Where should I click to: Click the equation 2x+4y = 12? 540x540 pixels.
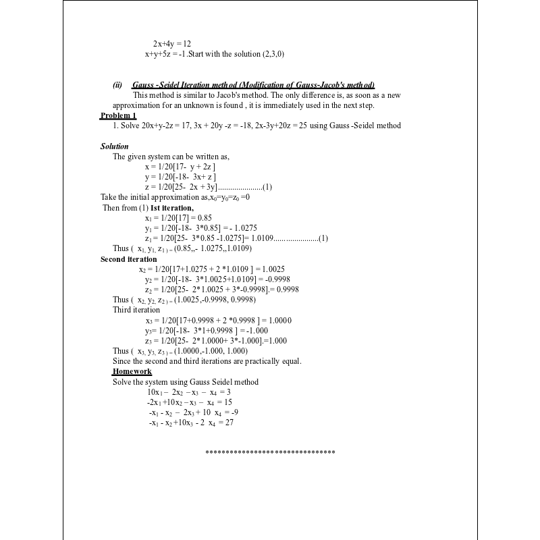172,44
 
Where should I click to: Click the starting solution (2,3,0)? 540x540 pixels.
273,54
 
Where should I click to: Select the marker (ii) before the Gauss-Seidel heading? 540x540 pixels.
117,85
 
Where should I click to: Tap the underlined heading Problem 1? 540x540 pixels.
118,115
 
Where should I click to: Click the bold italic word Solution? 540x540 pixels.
115,146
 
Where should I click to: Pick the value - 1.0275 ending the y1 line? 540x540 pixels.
240,228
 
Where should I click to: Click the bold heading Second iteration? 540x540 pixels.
129,259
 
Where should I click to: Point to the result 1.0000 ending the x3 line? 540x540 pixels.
280,320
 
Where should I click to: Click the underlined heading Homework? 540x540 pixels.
132,372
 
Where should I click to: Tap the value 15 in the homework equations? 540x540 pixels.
228,402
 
